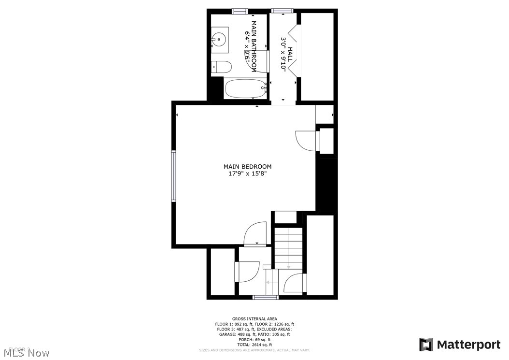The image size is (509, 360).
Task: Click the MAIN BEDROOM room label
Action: coord(247,167)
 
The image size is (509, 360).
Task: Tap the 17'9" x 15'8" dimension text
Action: coord(247,174)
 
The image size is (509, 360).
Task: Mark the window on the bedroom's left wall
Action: coord(173,175)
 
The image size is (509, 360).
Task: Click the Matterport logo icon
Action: coord(426,345)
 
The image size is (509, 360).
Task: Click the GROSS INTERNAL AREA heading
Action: coord(254,319)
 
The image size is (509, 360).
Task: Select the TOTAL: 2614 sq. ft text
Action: coord(254,345)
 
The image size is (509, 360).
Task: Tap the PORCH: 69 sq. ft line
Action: coord(254,339)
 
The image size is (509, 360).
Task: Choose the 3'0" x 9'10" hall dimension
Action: coord(284,55)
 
